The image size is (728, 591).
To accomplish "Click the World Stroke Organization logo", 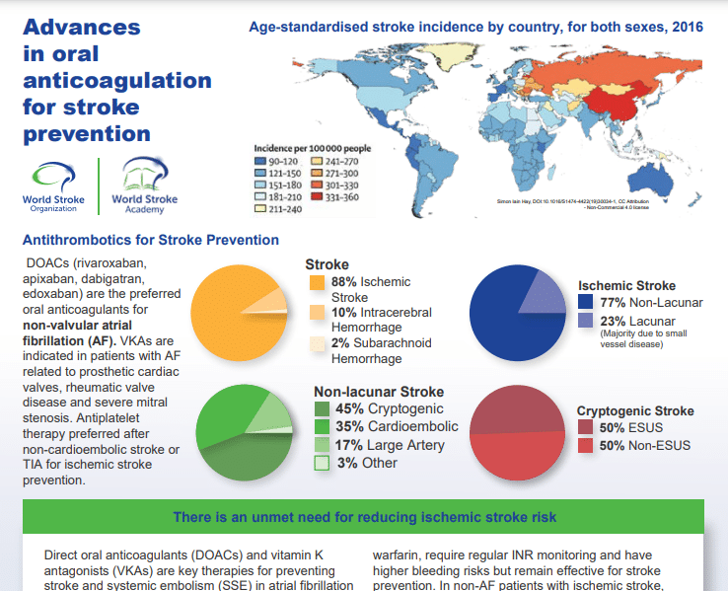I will tap(57, 186).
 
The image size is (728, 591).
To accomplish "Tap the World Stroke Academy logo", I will tap(145, 186).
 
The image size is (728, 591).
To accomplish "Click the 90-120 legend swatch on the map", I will tap(261, 159).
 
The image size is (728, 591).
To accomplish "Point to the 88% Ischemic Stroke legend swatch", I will tap(317, 282).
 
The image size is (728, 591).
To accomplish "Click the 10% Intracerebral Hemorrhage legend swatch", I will tap(317, 313).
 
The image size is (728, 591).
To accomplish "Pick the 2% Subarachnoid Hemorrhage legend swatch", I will tap(317, 344).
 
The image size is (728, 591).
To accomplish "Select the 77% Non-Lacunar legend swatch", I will tap(586, 302).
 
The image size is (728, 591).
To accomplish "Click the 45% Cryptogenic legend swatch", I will tap(322, 409).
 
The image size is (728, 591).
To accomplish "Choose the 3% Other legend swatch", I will tap(322, 464).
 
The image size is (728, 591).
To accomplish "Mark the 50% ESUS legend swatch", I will tap(586, 427).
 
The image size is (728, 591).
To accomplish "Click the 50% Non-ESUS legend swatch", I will tap(586, 446).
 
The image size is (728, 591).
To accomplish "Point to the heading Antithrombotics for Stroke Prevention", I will tap(150, 240).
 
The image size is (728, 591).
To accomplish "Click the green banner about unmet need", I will tap(363, 517).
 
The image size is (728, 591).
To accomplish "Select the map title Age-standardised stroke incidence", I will tap(476, 27).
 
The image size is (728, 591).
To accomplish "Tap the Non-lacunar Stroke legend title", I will tap(379, 391).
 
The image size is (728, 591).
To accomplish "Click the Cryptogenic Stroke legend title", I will tap(635, 410).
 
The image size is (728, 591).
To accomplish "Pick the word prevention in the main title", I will tap(87, 133).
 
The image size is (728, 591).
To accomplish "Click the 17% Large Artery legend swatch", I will tap(322, 446).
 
